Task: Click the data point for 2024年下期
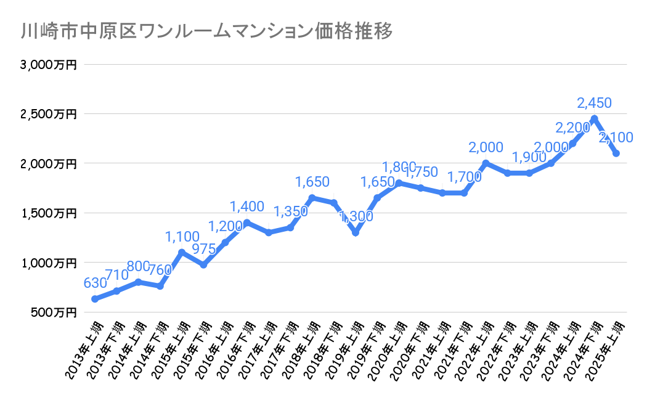coord(594,118)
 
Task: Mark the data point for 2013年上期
coord(95,299)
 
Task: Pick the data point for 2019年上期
coord(356,232)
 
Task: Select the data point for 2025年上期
coord(616,153)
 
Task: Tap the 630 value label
coord(95,284)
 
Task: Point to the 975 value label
coord(203,250)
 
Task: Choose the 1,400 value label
coord(246,206)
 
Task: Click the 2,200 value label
coord(572,128)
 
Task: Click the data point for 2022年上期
coord(486,163)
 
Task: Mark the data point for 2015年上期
coord(182,252)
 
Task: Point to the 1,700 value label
coord(465,178)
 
